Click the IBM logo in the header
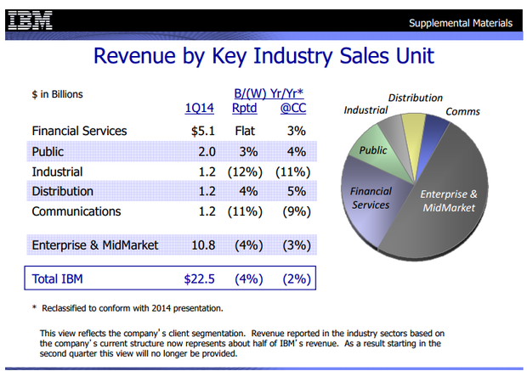tap(30, 20)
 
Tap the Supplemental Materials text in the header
tap(460, 21)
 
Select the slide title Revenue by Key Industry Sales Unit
tap(263, 56)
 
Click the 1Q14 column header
tap(199, 108)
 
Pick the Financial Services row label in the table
tap(79, 131)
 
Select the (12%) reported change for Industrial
tap(246, 171)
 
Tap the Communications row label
tap(76, 211)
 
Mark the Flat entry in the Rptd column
tap(246, 131)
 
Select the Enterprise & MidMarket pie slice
tap(442, 212)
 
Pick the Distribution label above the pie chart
tap(416, 98)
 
